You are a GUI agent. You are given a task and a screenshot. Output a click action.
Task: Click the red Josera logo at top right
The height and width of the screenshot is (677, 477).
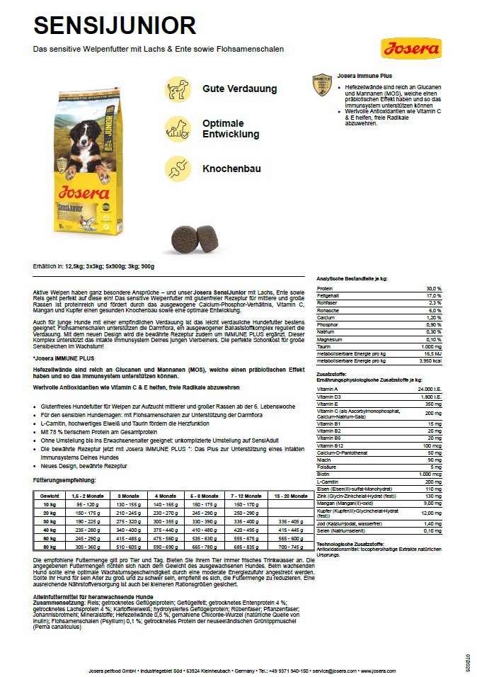click(411, 49)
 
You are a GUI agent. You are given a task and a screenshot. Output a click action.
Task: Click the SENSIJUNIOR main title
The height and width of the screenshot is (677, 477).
click(115, 25)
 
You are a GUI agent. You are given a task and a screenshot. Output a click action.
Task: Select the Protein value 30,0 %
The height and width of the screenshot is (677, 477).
click(433, 289)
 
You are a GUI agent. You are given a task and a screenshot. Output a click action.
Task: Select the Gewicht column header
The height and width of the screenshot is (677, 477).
click(50, 496)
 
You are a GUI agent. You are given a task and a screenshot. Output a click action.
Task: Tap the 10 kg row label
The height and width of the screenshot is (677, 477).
click(50, 504)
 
